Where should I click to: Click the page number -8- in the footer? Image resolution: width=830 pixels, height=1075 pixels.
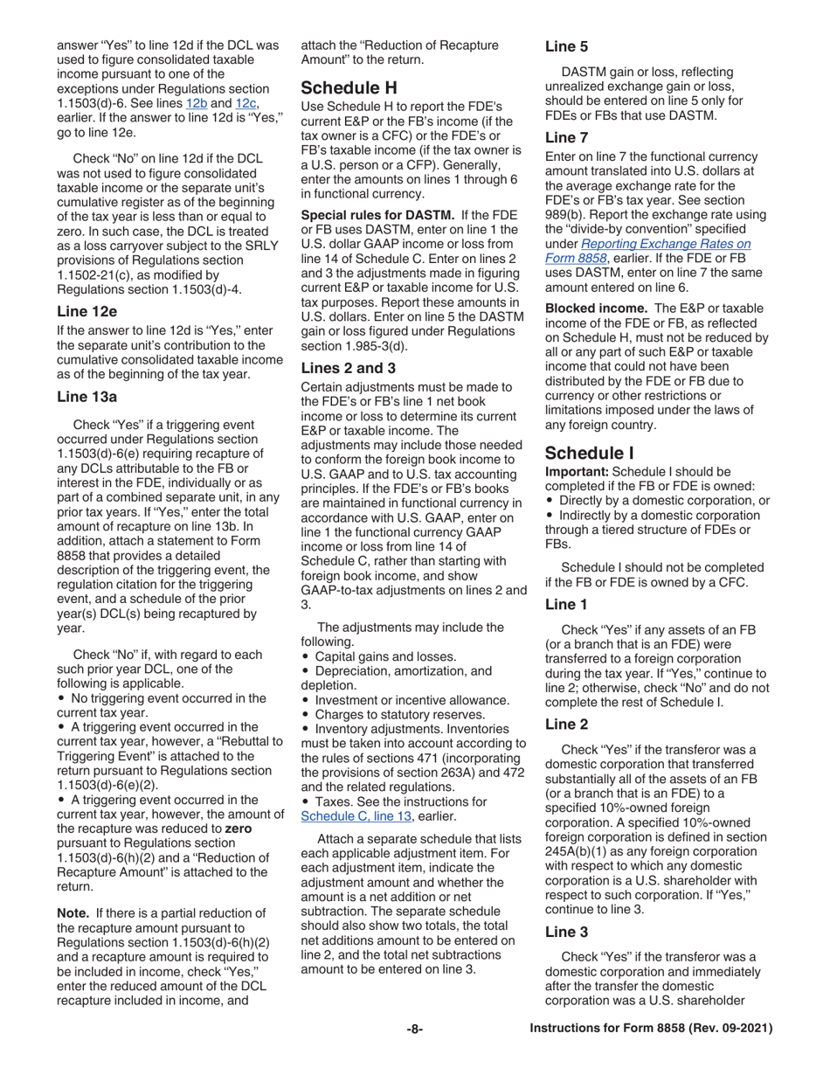[414, 1030]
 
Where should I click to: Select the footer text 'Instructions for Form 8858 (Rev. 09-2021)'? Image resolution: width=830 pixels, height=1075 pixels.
[652, 1030]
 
